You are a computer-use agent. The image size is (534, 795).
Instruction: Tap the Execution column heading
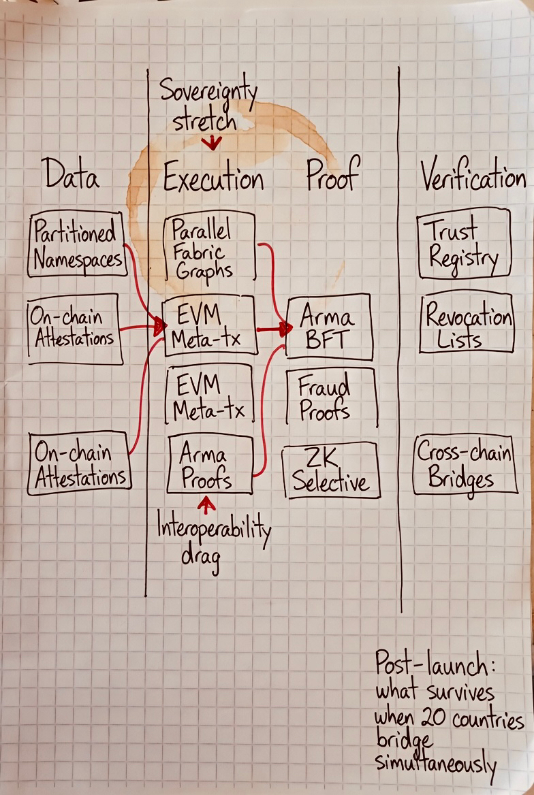click(x=213, y=179)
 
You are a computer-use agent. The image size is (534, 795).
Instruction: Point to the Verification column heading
click(x=473, y=176)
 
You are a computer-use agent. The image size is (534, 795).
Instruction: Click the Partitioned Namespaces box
click(x=77, y=244)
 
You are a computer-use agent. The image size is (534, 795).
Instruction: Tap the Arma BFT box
click(x=329, y=327)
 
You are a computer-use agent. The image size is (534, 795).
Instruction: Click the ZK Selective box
click(x=330, y=470)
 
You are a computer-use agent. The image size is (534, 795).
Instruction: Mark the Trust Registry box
click(x=464, y=244)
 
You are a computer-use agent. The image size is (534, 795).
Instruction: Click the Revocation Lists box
click(x=467, y=323)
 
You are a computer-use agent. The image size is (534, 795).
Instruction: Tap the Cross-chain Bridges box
click(x=463, y=464)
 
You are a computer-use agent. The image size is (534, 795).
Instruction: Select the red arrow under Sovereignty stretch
click(x=214, y=142)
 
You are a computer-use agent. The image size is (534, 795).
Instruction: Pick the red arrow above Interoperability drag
click(x=206, y=504)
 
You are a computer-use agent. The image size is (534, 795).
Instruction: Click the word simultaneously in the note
click(x=436, y=765)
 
